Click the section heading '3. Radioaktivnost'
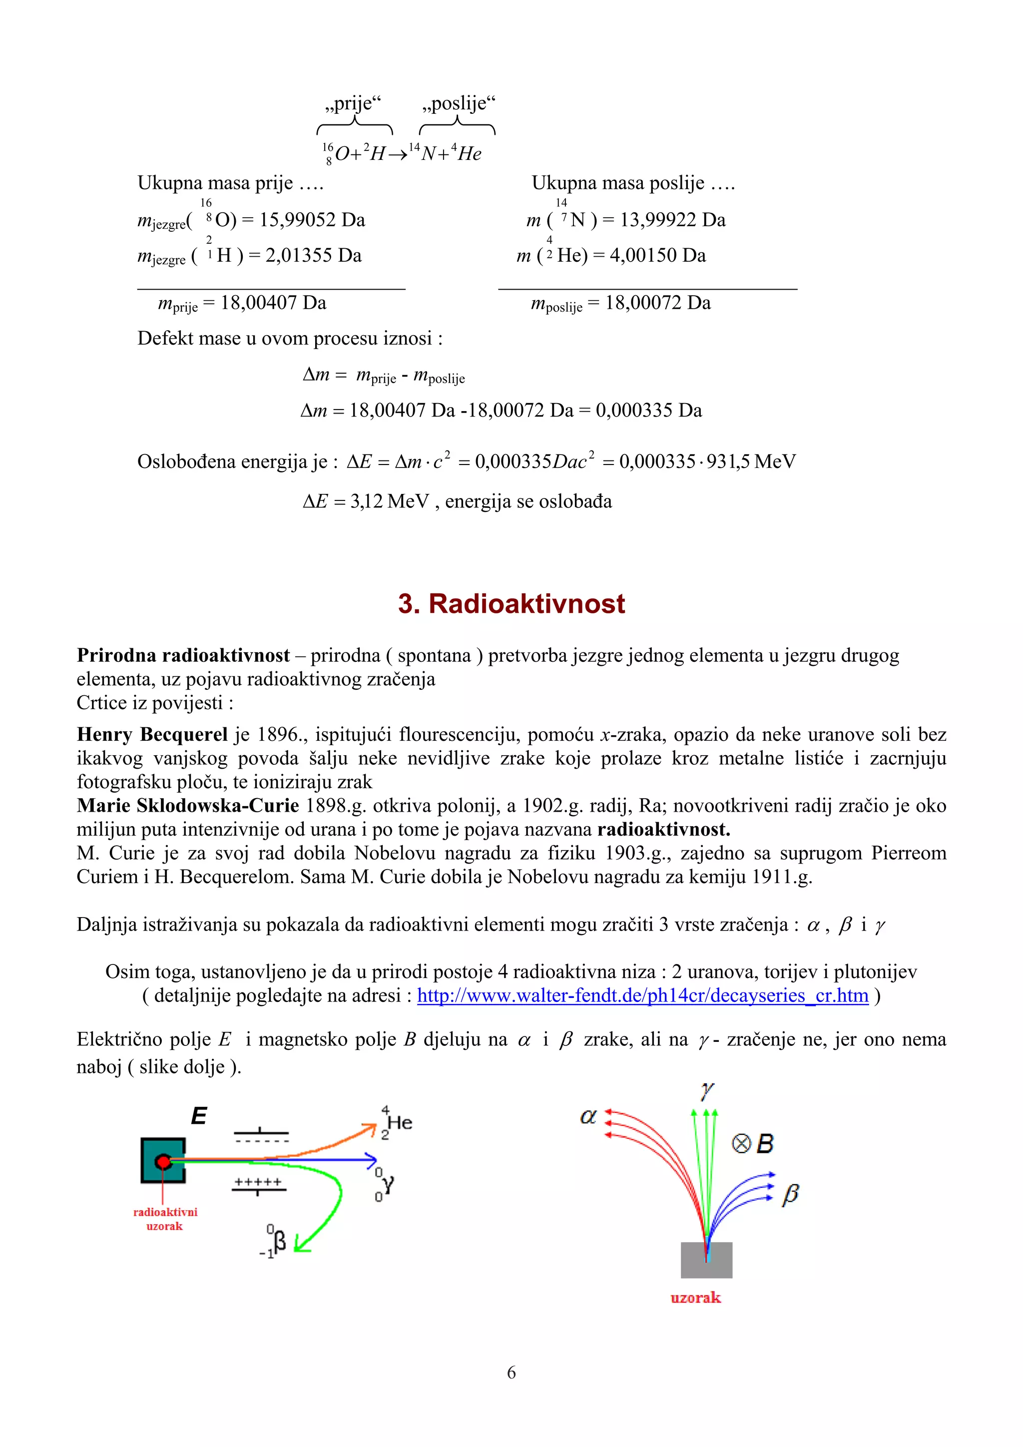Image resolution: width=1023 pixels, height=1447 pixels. point(511,604)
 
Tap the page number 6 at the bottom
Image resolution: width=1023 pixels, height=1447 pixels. point(511,1372)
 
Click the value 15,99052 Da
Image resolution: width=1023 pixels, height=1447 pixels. point(312,220)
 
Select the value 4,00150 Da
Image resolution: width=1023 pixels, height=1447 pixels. point(657,255)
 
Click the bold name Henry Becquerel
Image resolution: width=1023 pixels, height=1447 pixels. point(152,734)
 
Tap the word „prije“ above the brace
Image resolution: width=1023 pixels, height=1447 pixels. point(354,103)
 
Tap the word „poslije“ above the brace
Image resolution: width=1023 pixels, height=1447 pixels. point(459,103)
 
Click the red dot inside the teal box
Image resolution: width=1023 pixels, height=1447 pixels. point(163,1161)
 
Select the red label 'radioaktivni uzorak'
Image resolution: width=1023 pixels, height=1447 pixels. point(165,1218)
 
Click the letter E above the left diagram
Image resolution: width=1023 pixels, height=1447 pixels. point(199,1116)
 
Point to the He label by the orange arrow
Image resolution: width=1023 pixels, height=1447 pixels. point(400,1122)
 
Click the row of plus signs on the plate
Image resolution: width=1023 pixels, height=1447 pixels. point(258,1182)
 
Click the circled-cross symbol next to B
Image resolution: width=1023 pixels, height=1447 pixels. point(741,1143)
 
